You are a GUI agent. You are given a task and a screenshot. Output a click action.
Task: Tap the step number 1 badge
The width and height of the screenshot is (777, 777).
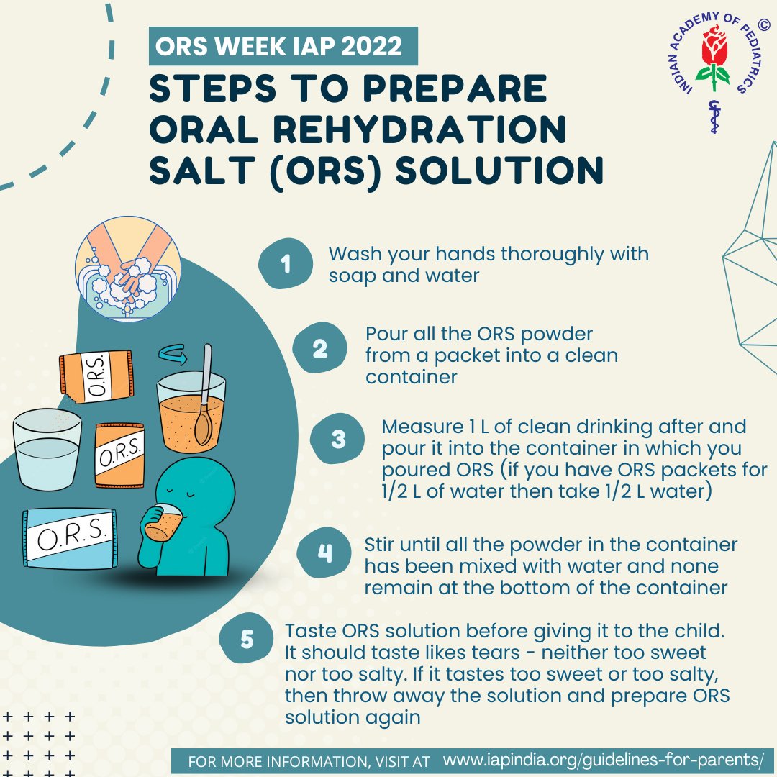(286, 263)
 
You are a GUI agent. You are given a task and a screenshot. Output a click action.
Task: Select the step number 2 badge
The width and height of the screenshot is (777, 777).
(319, 348)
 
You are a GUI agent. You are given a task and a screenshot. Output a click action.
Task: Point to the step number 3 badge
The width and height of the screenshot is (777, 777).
(337, 439)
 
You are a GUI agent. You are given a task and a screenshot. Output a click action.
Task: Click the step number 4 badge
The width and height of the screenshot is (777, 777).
(324, 553)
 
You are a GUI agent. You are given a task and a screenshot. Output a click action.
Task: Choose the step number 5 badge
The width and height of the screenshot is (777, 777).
(246, 640)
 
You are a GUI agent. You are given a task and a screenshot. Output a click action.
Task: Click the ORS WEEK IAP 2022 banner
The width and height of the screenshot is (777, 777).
(283, 46)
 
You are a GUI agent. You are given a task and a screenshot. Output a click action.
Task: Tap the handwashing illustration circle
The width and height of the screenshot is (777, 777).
(128, 268)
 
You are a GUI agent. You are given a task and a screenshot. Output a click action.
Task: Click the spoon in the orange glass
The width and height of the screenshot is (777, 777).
(204, 396)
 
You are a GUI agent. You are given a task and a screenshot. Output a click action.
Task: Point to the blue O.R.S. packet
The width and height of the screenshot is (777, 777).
(70, 538)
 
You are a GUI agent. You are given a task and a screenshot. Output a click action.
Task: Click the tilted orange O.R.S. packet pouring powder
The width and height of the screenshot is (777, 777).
(96, 376)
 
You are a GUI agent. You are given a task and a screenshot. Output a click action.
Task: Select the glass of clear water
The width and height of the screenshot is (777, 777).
(47, 450)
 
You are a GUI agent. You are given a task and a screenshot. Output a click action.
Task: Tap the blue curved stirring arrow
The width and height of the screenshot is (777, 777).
(173, 354)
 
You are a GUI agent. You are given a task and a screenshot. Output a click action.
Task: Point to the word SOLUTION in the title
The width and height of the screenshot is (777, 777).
(499, 171)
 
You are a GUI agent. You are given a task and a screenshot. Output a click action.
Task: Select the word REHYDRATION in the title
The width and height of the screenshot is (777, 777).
(419, 129)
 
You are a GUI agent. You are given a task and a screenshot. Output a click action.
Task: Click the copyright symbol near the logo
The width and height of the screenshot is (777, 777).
(764, 24)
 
